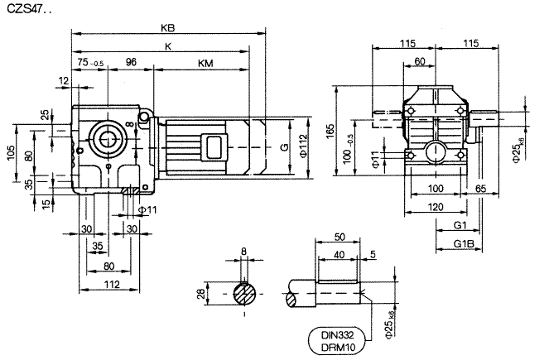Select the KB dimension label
point(168,26)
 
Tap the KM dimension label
point(205,64)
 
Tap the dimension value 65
point(481,190)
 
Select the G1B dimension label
point(464,245)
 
